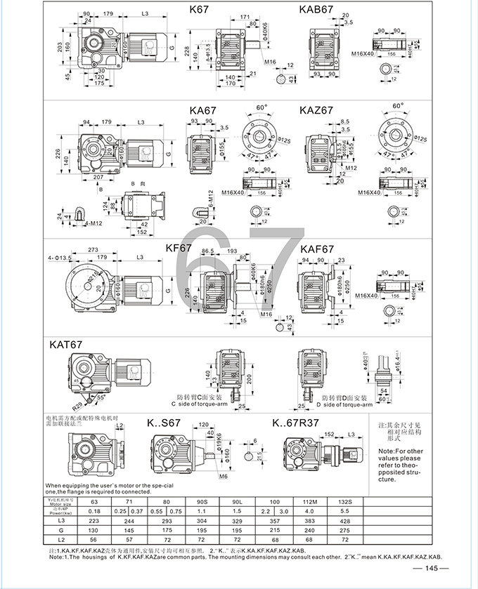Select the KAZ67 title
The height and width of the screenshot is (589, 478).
tap(316, 110)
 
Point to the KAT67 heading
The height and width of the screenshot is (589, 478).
tap(67, 344)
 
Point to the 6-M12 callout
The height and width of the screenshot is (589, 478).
tap(210, 199)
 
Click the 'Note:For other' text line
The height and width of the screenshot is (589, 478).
tap(400, 450)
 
